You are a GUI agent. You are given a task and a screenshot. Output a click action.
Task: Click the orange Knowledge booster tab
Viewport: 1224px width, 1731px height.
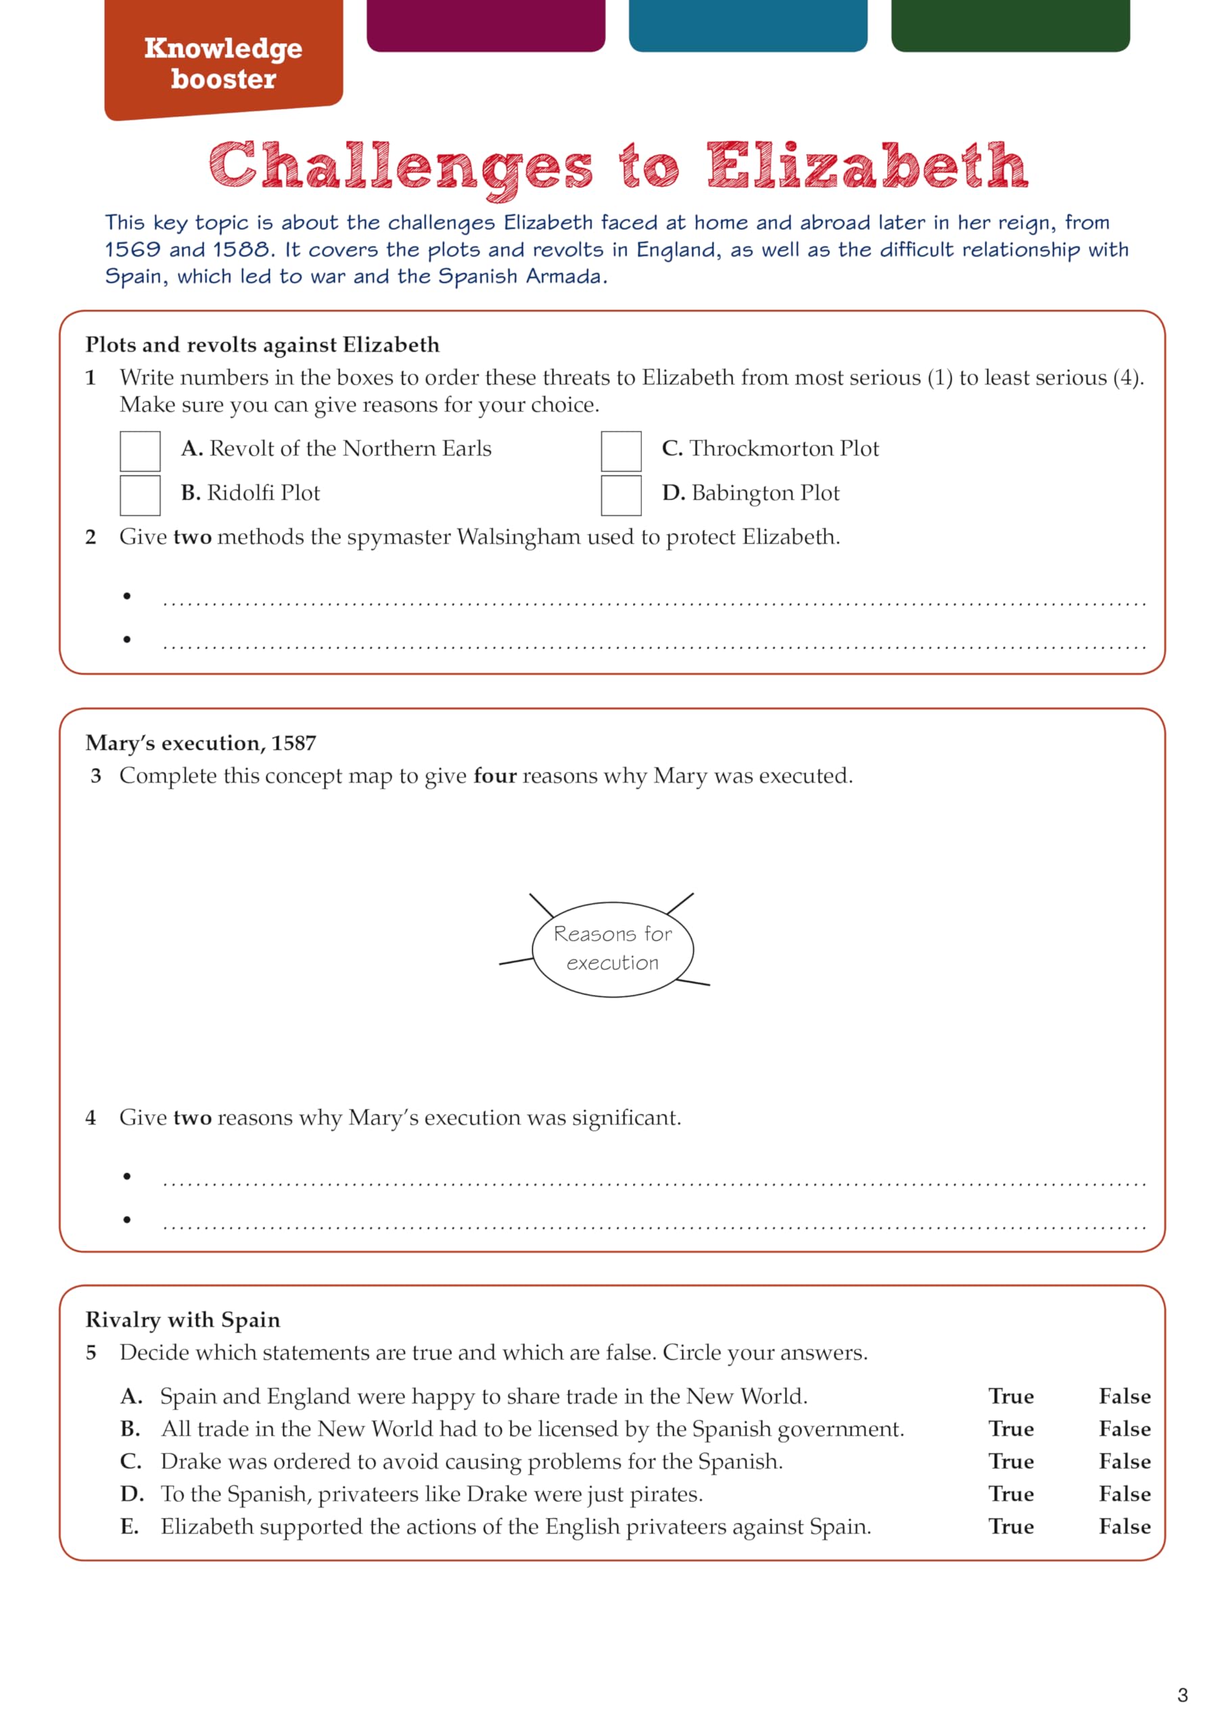(x=223, y=60)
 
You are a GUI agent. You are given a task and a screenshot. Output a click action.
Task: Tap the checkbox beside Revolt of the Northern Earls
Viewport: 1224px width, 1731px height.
(x=140, y=451)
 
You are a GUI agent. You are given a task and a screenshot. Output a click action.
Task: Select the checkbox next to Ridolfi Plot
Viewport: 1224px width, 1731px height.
(x=140, y=496)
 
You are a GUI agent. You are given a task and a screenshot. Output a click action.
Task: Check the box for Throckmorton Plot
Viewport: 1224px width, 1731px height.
(x=621, y=451)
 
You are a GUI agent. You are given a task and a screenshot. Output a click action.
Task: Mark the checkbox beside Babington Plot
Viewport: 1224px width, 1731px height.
(x=621, y=496)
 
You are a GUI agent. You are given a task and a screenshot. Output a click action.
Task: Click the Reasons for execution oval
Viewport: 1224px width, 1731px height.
(x=613, y=949)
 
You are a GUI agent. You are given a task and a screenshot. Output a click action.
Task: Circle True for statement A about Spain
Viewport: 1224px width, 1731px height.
(x=1010, y=1396)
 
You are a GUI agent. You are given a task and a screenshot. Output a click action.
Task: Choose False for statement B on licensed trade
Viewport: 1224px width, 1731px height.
(x=1125, y=1429)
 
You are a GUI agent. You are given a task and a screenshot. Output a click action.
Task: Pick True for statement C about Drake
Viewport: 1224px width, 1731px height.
(x=1010, y=1461)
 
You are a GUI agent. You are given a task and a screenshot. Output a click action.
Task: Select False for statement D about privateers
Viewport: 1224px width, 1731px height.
(x=1125, y=1494)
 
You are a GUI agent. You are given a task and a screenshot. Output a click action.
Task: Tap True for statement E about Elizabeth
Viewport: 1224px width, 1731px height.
(x=1010, y=1526)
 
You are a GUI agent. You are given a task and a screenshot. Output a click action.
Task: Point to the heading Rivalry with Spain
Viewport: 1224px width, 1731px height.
(x=183, y=1319)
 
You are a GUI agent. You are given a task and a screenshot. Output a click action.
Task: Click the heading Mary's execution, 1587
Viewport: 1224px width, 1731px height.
(x=201, y=742)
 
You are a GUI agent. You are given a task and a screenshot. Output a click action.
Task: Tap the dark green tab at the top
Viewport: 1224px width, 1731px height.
(x=1010, y=24)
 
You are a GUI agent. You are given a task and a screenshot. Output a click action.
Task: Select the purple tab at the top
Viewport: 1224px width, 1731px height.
(x=486, y=24)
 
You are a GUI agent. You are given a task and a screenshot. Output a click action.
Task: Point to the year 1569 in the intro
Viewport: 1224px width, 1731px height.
(x=133, y=250)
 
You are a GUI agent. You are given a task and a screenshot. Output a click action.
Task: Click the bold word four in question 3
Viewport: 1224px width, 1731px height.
(x=495, y=776)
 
